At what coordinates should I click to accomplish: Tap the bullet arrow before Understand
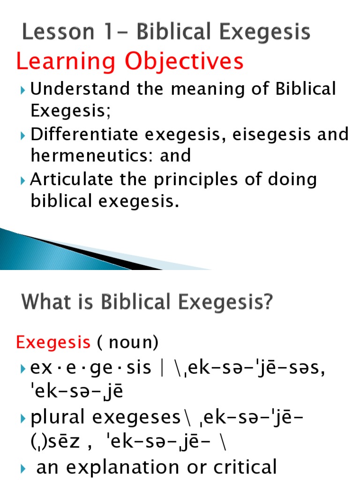click(24, 90)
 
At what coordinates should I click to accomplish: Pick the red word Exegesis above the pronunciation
click(53, 343)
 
